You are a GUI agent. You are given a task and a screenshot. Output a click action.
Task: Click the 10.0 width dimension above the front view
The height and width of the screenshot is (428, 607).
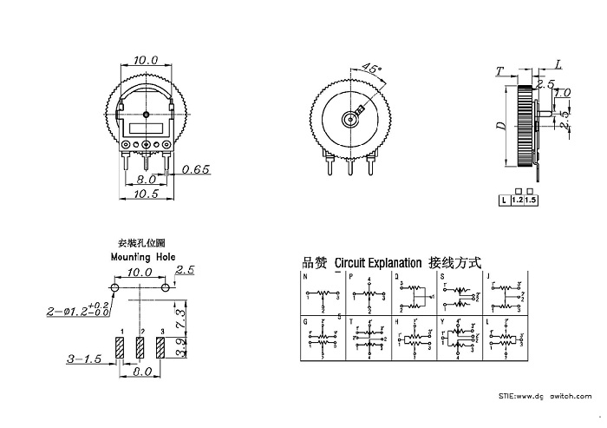(x=145, y=61)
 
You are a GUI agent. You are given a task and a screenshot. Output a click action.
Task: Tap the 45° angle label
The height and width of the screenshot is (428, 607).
(x=371, y=68)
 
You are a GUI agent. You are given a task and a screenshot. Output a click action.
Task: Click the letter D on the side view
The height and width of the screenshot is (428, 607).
(x=500, y=126)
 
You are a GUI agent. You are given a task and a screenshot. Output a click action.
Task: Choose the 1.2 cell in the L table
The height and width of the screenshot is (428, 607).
(x=518, y=200)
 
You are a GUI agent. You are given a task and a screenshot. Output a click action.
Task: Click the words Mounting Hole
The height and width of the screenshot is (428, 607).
(x=142, y=258)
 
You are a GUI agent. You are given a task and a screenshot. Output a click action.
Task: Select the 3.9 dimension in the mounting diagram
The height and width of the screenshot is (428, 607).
(x=180, y=349)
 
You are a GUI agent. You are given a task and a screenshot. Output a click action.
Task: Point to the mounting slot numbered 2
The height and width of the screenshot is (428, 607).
(x=140, y=349)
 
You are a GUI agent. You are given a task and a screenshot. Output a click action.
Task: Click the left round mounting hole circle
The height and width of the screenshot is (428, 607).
(x=114, y=286)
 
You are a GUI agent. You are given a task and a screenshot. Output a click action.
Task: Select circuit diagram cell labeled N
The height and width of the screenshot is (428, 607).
(x=323, y=293)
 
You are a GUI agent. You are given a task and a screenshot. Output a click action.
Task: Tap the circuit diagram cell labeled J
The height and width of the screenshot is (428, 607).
(x=506, y=293)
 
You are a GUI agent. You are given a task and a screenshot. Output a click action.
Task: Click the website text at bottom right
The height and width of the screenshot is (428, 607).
(x=547, y=396)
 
